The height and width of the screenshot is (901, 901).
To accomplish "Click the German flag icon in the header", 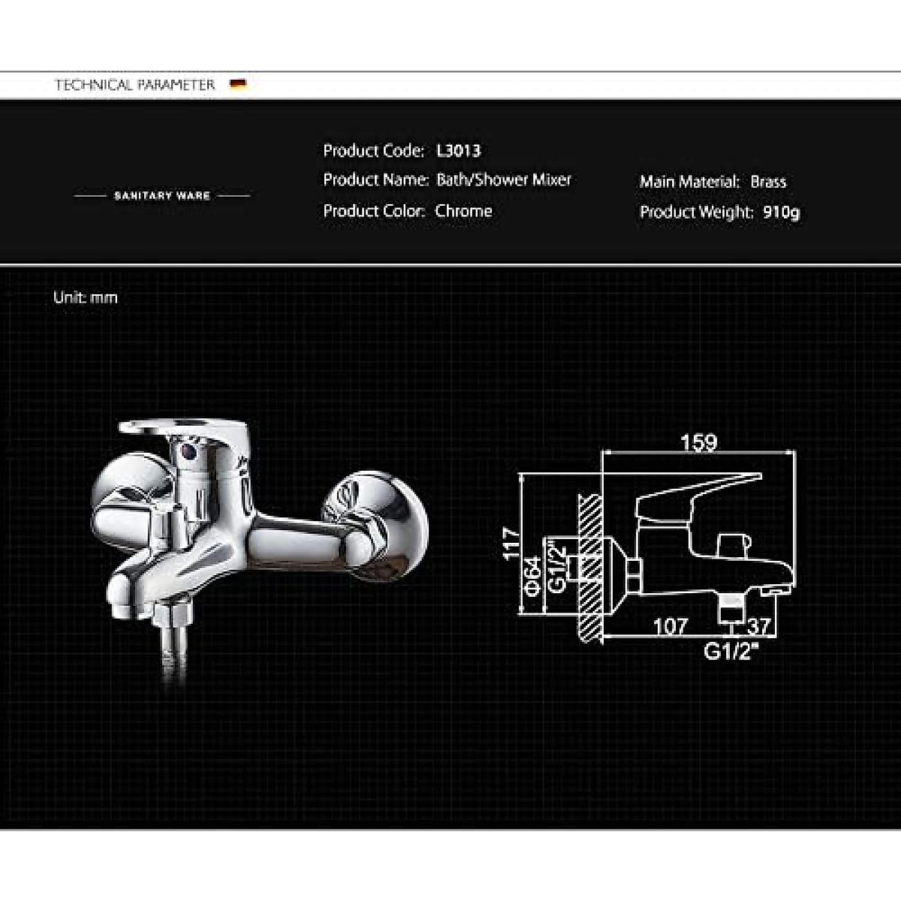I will point(239,84).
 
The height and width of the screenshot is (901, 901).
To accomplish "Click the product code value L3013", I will point(458,150).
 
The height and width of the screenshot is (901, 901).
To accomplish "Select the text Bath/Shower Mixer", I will point(504,179).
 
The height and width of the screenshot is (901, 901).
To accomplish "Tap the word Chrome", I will point(463,211).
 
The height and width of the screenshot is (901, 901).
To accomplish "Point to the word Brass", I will point(768,182).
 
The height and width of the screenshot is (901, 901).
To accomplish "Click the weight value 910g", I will point(781,212).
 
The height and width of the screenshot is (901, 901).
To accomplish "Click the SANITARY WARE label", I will point(161,195).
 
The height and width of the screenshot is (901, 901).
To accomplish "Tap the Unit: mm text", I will point(86,297).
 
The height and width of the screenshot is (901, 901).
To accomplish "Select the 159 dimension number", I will point(698,443).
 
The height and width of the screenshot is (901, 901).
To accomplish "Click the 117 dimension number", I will point(511,543).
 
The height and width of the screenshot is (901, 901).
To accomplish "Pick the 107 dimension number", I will point(670,625).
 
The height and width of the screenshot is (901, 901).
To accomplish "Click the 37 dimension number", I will point(759,625).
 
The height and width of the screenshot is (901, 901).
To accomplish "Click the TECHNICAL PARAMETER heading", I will point(134,85).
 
